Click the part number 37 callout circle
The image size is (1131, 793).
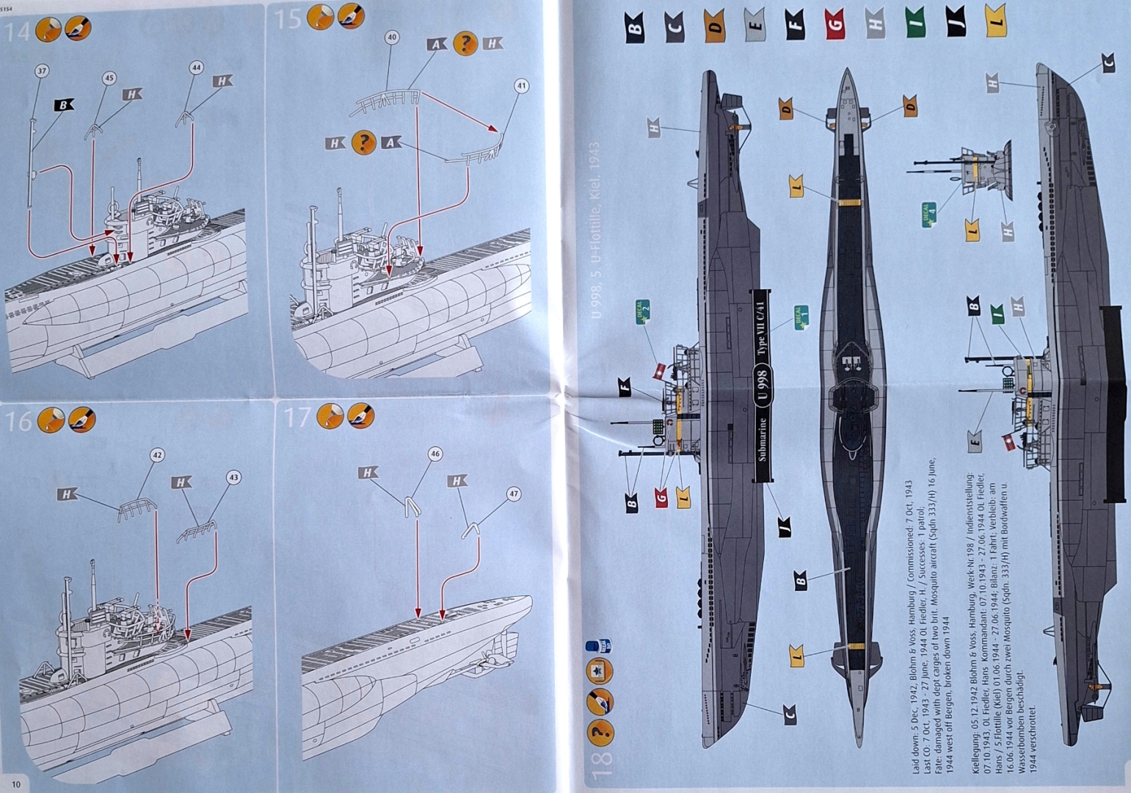click(41, 71)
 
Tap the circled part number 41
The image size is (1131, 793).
click(521, 86)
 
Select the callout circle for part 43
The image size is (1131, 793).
click(233, 477)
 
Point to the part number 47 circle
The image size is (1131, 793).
click(513, 494)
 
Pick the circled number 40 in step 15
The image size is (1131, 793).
click(391, 37)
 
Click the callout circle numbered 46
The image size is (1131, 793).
click(435, 455)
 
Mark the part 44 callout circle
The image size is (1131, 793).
click(196, 67)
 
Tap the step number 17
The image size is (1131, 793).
click(297, 418)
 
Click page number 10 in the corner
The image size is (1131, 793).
click(15, 783)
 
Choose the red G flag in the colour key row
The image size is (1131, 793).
click(833, 23)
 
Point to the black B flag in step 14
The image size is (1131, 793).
click(63, 105)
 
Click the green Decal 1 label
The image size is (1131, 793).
click(801, 317)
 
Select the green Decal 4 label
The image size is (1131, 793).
click(929, 213)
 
